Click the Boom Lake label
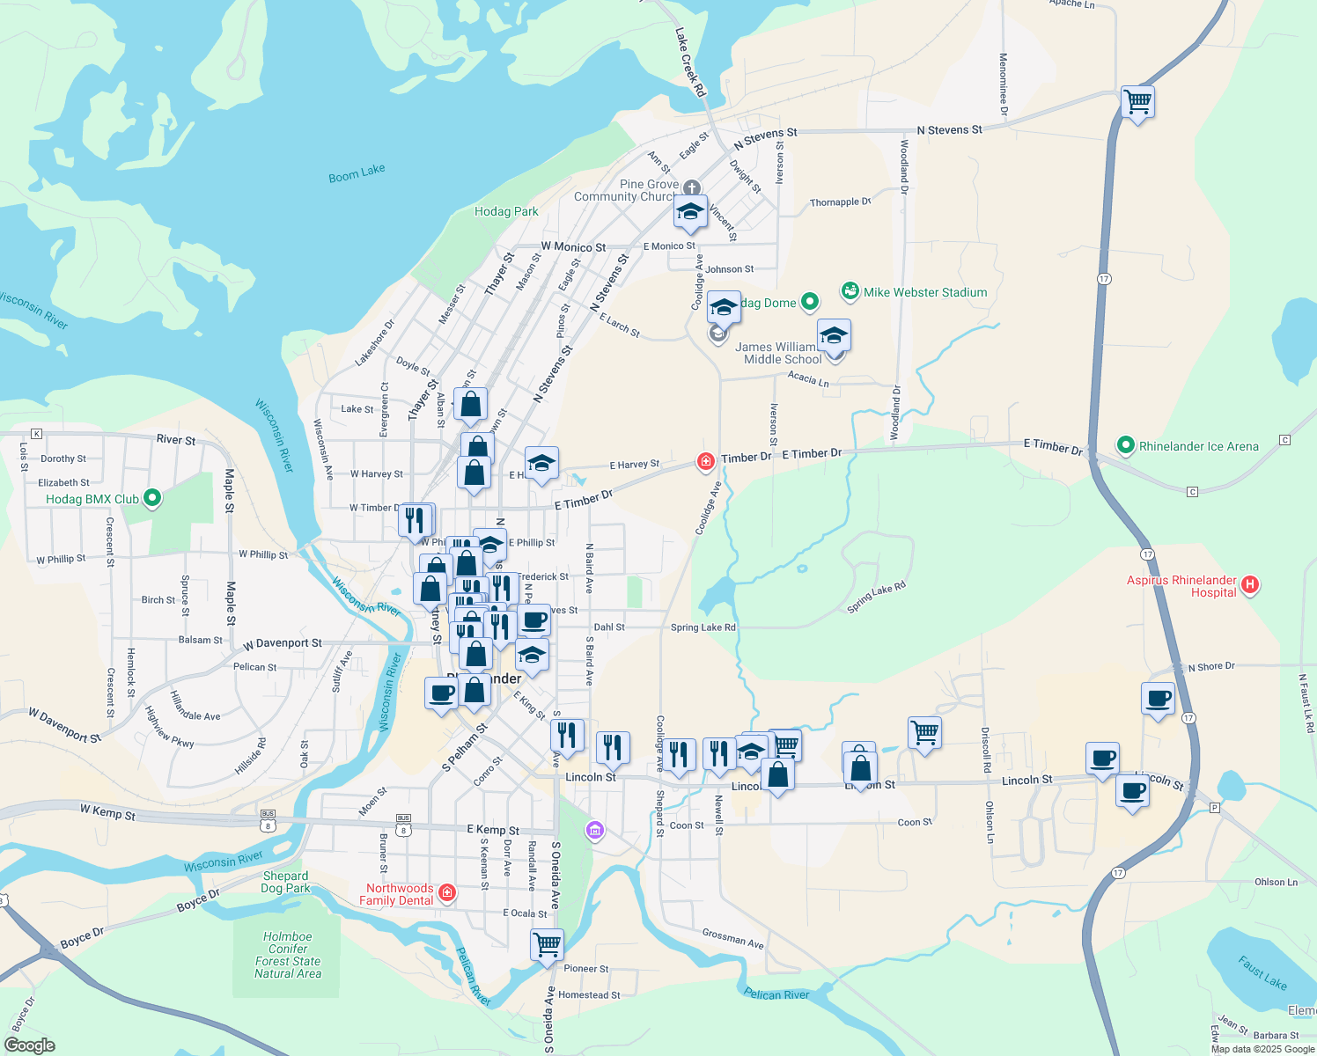click(357, 173)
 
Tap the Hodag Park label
click(506, 211)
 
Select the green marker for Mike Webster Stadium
click(850, 290)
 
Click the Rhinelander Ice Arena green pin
click(1125, 445)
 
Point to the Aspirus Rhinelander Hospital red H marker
click(1250, 584)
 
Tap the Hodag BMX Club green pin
click(152, 498)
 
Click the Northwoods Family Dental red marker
click(447, 893)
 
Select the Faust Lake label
click(1262, 972)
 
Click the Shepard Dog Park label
click(286, 882)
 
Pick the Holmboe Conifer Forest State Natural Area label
click(288, 955)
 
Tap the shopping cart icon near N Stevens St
click(1137, 101)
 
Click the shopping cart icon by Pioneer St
click(547, 944)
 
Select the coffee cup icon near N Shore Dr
click(1159, 699)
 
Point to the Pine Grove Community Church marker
click(693, 187)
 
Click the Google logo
click(29, 1045)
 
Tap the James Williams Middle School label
click(782, 353)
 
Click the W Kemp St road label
click(107, 812)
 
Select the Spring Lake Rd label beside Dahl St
click(703, 627)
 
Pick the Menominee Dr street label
click(1003, 84)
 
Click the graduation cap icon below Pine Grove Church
click(690, 211)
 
